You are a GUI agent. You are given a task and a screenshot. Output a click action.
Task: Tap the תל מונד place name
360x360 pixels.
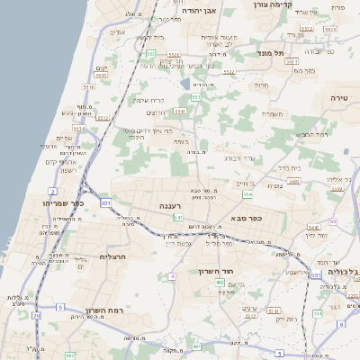pyautogui.click(x=271, y=53)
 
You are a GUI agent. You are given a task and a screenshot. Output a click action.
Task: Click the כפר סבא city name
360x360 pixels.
pyautogui.click(x=245, y=217)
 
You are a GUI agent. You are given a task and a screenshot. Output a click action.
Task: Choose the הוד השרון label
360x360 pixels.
pyautogui.click(x=216, y=269)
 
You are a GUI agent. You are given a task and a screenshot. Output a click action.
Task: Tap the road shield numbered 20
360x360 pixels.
pyautogui.click(x=37, y=316)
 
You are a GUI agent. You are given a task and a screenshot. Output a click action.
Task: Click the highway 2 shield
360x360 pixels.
pyautogui.click(x=53, y=192)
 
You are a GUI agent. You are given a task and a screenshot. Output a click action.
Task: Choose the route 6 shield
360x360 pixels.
pyautogui.click(x=341, y=323)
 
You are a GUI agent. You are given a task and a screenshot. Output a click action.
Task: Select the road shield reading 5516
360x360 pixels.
pyautogui.click(x=88, y=87)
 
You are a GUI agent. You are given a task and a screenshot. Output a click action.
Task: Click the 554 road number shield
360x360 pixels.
pyautogui.click(x=247, y=194)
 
